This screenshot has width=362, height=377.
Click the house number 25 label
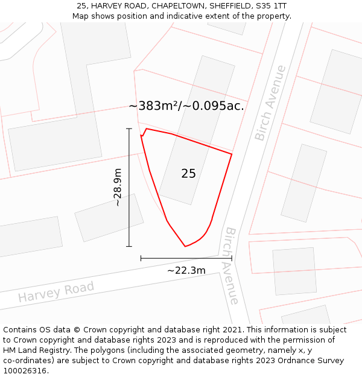[x=188, y=174]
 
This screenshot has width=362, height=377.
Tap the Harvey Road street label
[x=56, y=292]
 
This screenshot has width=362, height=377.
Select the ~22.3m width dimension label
[x=186, y=270]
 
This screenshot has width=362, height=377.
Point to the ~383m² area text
[x=154, y=106]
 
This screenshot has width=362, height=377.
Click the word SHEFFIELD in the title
[x=229, y=6]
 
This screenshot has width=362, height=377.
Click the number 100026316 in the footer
[x=25, y=371]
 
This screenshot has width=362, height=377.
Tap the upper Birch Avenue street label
[x=270, y=103]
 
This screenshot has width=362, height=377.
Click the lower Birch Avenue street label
[x=231, y=266]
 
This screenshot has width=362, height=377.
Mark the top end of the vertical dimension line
[x=129, y=128]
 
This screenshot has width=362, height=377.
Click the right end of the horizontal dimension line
[x=232, y=258]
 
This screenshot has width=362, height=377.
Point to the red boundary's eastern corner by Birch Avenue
[x=232, y=154]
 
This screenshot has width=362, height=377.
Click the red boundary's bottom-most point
[x=185, y=246]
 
